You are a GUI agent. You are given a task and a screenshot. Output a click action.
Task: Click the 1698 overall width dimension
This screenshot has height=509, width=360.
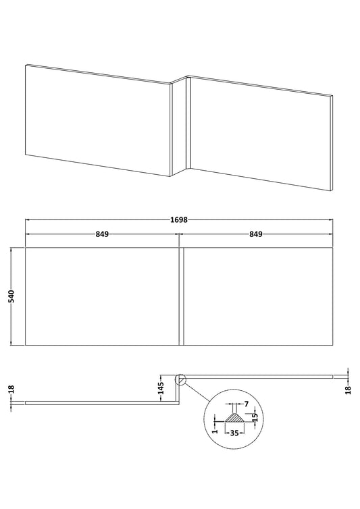pos(179,220)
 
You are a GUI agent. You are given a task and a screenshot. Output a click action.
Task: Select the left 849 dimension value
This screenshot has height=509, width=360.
pos(102,234)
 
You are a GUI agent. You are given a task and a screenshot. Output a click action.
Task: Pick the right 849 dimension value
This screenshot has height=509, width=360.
pos(256,234)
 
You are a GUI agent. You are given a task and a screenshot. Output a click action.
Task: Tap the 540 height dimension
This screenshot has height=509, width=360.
pos(11,296)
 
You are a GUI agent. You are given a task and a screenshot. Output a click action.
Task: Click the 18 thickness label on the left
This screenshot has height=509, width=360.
pos(11,390)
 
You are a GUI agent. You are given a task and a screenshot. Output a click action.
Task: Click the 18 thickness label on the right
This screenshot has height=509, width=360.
pos(349,390)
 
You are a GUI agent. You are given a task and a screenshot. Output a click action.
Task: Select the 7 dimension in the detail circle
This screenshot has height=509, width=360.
pos(246,404)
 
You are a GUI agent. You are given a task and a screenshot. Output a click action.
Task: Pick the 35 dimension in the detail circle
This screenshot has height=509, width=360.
pos(234,433)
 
